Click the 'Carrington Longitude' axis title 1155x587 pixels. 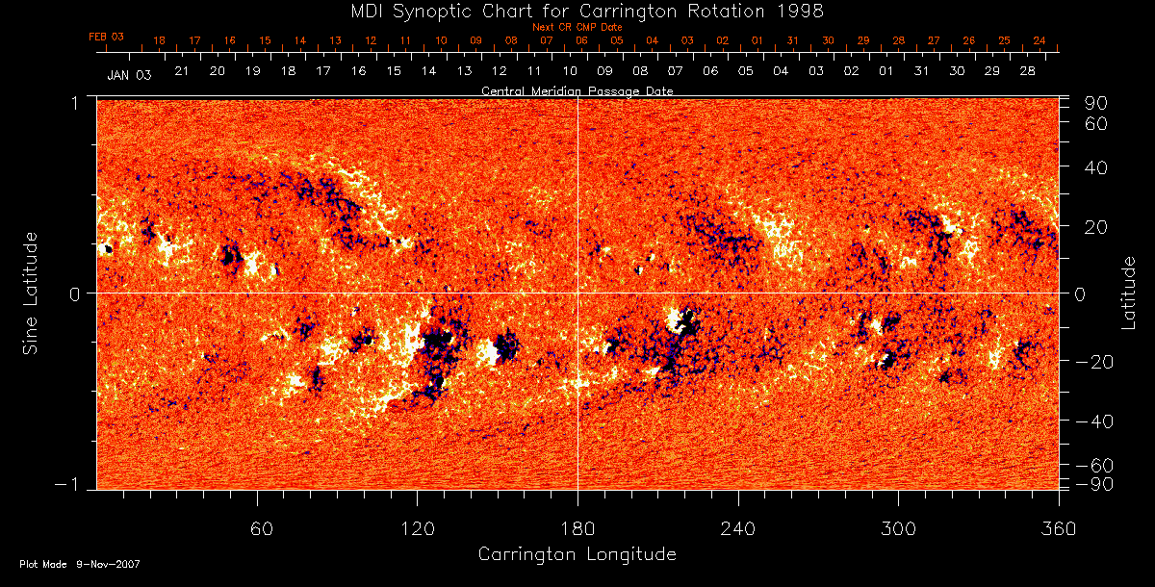pos(577,554)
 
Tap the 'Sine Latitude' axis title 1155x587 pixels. pos(31,293)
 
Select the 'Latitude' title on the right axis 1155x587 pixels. pos(1129,293)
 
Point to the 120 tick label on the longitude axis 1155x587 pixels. pos(417,528)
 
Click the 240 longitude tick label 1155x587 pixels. pos(738,528)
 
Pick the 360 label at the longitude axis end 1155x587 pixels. pos(1059,528)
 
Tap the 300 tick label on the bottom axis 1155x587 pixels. pos(898,528)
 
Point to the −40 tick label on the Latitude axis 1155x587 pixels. pos(1093,421)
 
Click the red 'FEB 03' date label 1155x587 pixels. pos(106,37)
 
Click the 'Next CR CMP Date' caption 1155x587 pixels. pos(577,28)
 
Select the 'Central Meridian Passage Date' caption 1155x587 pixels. pos(577,90)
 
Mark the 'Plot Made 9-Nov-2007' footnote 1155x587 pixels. pos(80,565)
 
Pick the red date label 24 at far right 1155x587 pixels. pos(1039,41)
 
